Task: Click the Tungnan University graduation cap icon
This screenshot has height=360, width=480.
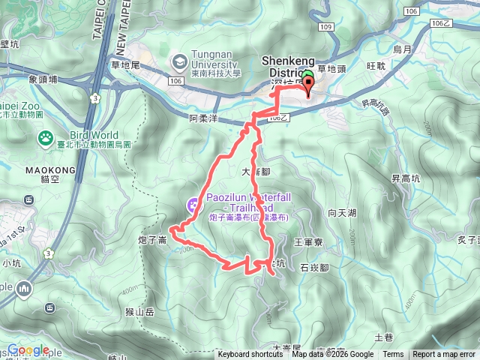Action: click(x=180, y=60)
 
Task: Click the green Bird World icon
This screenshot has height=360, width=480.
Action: click(x=43, y=139)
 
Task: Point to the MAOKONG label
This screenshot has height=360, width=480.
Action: click(x=51, y=170)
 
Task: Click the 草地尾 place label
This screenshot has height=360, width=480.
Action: click(x=125, y=66)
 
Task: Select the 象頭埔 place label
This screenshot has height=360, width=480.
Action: click(x=43, y=79)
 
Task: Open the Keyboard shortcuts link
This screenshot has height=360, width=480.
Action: click(x=250, y=355)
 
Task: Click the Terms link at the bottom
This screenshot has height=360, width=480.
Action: click(x=393, y=355)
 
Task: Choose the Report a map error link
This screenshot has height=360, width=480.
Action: click(x=445, y=355)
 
